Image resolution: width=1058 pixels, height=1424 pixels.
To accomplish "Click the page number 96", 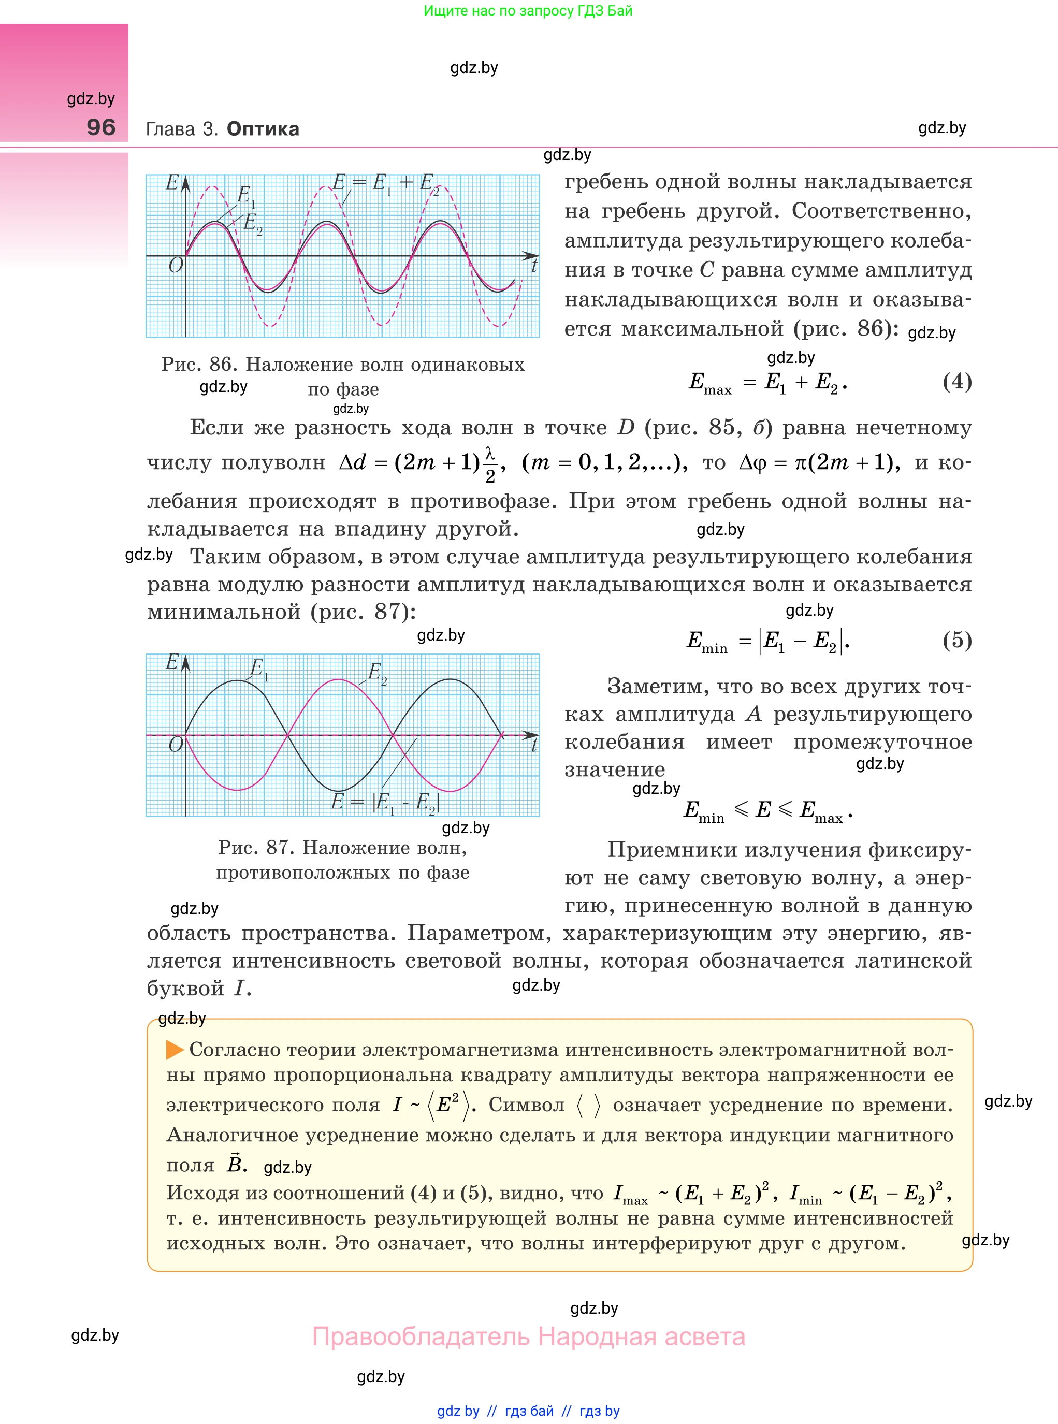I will pos(101,127).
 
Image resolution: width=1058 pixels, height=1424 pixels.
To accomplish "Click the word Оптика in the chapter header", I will pos(263,129).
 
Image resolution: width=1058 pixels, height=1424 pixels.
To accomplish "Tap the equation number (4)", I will pos(957,382).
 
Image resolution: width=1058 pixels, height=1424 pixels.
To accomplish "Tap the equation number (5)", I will pos(957,640).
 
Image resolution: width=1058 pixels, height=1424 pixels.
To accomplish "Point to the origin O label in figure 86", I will pos(176,265).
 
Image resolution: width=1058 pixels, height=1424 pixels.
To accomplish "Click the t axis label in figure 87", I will pos(533,745).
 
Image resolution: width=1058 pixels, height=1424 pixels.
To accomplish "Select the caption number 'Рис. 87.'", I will pos(256,847).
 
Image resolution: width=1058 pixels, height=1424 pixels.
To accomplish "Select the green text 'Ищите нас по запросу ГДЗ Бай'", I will pos(528,11).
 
